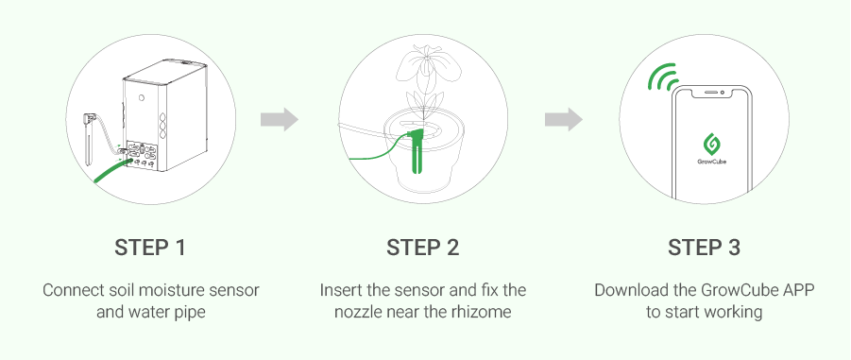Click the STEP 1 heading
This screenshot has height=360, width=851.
(x=150, y=249)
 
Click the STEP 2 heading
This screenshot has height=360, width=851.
(x=422, y=249)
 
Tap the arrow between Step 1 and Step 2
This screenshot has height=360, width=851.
(x=280, y=120)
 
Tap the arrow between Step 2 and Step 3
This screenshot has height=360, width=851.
(x=563, y=120)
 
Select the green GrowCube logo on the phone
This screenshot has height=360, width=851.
(x=710, y=143)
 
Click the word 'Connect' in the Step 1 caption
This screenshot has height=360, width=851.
(x=71, y=289)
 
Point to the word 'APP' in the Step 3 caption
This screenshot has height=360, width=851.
(x=793, y=289)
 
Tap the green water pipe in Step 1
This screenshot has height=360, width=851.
(x=109, y=172)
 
